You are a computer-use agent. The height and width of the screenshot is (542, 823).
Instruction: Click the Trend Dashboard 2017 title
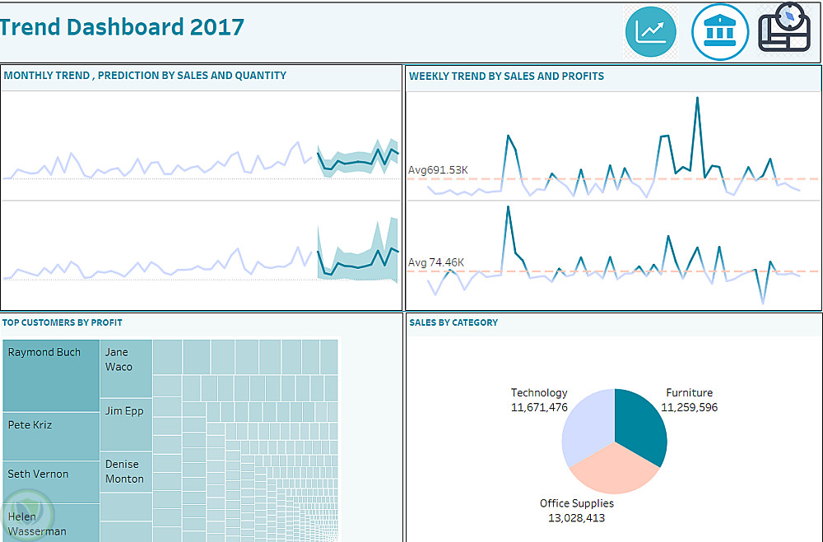(x=122, y=27)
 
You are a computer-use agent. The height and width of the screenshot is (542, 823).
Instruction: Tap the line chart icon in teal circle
(x=650, y=32)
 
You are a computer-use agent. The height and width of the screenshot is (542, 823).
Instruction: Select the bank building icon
(x=719, y=32)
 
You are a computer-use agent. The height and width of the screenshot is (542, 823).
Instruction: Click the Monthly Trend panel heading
(x=145, y=76)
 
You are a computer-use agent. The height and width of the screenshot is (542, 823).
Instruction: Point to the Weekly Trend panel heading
(x=506, y=76)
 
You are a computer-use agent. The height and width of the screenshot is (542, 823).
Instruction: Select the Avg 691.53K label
(x=438, y=170)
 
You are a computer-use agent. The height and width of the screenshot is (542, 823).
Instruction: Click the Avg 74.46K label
(x=436, y=262)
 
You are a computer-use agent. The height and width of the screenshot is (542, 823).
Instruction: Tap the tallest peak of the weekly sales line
(x=697, y=98)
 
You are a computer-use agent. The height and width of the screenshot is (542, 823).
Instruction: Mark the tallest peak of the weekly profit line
(x=508, y=206)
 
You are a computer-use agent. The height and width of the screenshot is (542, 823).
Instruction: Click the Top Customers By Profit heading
(x=62, y=323)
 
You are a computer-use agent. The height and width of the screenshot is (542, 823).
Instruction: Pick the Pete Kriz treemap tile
(x=51, y=436)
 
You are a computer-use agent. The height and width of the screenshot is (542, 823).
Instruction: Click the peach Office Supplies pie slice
(x=613, y=469)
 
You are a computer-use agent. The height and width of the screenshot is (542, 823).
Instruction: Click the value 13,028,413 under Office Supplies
(x=576, y=518)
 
